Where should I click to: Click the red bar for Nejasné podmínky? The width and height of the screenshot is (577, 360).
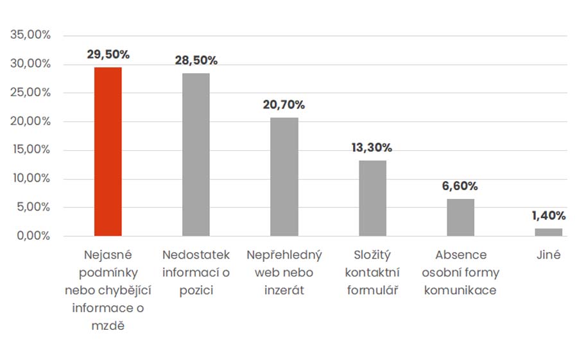tap(108, 151)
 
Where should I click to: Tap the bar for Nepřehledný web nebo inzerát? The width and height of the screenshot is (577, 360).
tap(284, 176)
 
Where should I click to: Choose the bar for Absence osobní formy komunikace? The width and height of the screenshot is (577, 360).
tap(460, 218)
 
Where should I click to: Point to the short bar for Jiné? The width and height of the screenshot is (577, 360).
tap(548, 232)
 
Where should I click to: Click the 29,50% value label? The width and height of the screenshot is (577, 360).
tap(108, 55)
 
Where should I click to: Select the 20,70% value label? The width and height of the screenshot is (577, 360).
tap(284, 105)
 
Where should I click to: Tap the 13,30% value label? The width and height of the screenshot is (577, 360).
tap(372, 148)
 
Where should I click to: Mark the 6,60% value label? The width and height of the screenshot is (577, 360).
tap(460, 186)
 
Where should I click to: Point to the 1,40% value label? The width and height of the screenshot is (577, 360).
tap(548, 216)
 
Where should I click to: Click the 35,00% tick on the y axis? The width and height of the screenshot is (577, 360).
tap(31, 35)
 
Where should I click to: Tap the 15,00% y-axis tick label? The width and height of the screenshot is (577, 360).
tap(31, 150)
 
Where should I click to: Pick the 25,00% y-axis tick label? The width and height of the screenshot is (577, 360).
tap(31, 92)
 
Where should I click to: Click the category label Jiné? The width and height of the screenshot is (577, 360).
tap(548, 255)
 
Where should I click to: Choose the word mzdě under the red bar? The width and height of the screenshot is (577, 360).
tap(108, 325)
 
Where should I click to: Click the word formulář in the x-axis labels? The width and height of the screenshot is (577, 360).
tap(373, 290)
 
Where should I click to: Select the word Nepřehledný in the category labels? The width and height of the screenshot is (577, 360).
tap(284, 255)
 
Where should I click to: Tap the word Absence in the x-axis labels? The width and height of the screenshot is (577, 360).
tap(460, 255)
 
